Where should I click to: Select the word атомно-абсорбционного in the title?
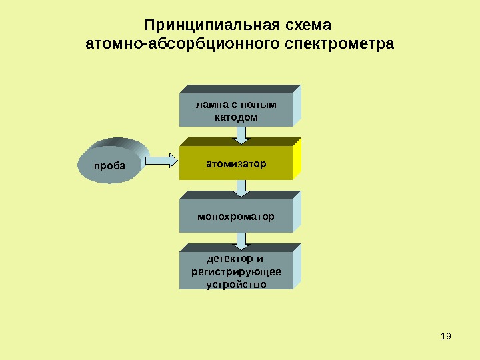[185, 45]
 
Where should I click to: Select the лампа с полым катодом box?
[236, 110]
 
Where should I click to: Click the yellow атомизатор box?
[236, 163]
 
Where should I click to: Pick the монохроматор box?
[236, 216]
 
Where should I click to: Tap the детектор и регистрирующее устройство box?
[236, 271]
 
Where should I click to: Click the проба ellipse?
[111, 166]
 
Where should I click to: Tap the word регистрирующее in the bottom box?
[236, 271]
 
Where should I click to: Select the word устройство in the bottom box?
[236, 284]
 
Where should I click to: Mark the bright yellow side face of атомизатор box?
[297, 159]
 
